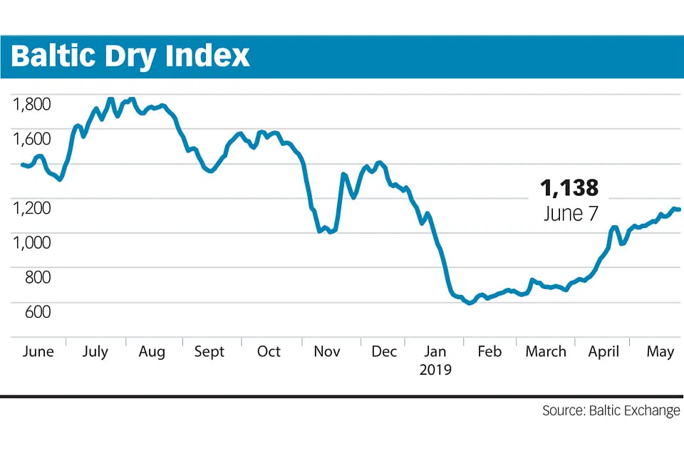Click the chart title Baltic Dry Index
pos(130,56)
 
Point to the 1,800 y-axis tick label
pos(31,104)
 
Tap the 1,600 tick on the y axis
pos(31,138)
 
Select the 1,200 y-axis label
pos(31,207)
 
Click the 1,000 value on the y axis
pos(31,242)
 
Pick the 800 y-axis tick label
pos(37,276)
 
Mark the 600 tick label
pos(37,311)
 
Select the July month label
pos(95,352)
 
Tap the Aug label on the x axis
pos(152,352)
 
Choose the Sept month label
pos(209,352)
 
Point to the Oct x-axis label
pos(269,352)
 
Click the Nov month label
pos(327,352)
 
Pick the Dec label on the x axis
pos(384,352)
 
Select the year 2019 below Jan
pos(435,370)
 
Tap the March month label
pos(546,352)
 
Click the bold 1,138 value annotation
pos(569,188)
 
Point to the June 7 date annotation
pos(570,214)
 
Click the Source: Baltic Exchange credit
pos(611,411)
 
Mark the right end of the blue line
pos(679,209)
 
